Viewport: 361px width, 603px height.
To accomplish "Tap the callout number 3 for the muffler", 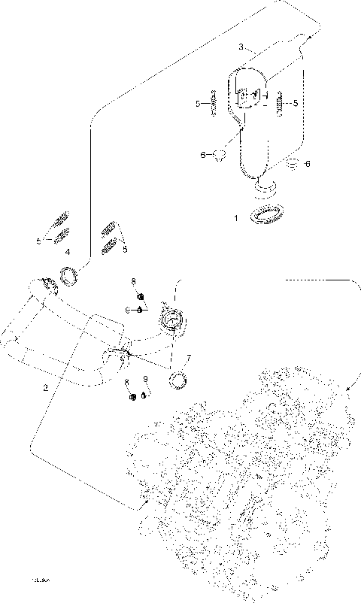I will tap(241, 47).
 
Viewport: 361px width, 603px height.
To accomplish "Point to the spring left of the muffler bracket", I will tap(214, 103).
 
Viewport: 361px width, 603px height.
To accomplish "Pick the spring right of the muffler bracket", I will tap(279, 103).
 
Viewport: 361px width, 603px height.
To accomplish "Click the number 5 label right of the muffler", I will tap(296, 103).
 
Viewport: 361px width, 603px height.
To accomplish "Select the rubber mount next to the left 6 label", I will tap(220, 156).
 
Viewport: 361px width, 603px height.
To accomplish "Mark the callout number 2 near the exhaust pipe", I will tap(46, 388).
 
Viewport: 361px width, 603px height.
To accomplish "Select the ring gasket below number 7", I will tap(179, 380).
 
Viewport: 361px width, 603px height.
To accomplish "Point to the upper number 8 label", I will tap(133, 281).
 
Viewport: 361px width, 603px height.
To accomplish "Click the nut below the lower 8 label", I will tap(133, 396).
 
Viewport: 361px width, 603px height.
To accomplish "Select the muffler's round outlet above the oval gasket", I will tap(265, 183).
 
